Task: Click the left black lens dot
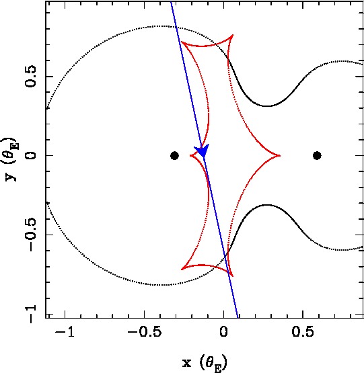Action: click(x=174, y=155)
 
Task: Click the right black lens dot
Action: click(x=317, y=155)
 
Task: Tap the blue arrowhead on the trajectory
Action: click(x=202, y=151)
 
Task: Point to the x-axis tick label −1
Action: click(x=65, y=331)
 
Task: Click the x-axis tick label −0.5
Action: click(x=145, y=331)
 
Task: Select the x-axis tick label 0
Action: click(x=223, y=331)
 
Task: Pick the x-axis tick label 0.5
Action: click(x=303, y=331)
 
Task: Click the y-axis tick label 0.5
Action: click(x=30, y=77)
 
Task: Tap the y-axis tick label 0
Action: click(x=30, y=155)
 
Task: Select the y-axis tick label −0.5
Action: click(x=30, y=235)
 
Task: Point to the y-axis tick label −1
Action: click(x=30, y=314)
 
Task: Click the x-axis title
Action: click(x=205, y=363)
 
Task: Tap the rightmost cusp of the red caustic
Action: click(x=280, y=155)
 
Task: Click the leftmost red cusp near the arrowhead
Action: click(x=190, y=155)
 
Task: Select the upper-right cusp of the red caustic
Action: click(x=233, y=35)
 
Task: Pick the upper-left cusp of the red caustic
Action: click(x=181, y=42)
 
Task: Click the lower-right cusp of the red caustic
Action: click(x=233, y=276)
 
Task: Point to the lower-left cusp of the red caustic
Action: click(x=181, y=270)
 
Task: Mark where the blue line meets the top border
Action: click(x=171, y=2)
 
